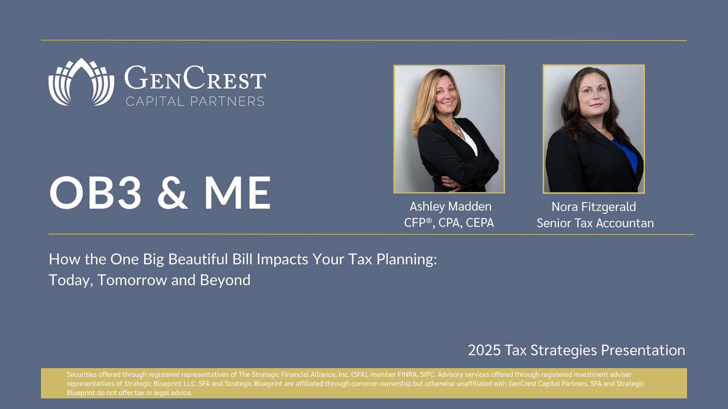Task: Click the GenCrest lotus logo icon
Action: (x=81, y=82)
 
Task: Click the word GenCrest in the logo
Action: (x=195, y=78)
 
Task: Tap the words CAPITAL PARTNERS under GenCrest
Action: (x=195, y=101)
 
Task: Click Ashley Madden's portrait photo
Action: (x=449, y=129)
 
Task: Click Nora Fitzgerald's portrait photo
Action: (x=594, y=129)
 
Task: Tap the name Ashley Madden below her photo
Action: (x=450, y=206)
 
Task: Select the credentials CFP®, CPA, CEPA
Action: (x=449, y=223)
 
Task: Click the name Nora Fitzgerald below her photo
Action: (x=594, y=207)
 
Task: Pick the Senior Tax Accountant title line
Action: (x=595, y=223)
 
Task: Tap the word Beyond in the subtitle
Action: (x=225, y=280)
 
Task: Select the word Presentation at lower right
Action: (x=643, y=350)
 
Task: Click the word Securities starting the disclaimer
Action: (x=82, y=375)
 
